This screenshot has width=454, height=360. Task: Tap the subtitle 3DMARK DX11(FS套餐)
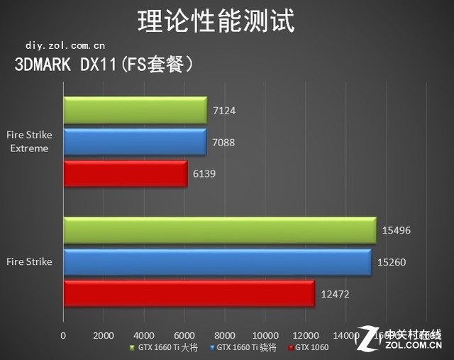tap(104, 65)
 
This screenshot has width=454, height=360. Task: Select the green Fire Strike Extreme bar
tap(135, 110)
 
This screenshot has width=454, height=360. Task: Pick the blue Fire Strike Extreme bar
tap(134, 142)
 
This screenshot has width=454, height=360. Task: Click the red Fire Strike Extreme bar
tap(125, 174)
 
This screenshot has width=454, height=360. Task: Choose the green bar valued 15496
tap(219, 230)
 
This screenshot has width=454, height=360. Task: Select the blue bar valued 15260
tap(217, 262)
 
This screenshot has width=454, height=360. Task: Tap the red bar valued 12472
tap(189, 293)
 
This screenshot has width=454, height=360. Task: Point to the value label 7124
tap(223, 111)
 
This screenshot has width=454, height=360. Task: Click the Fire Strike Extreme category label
tap(28, 142)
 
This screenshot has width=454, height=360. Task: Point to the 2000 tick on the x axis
tap(104, 335)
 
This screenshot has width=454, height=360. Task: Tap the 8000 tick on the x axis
tap(225, 335)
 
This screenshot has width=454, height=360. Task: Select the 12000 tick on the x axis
tap(305, 335)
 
